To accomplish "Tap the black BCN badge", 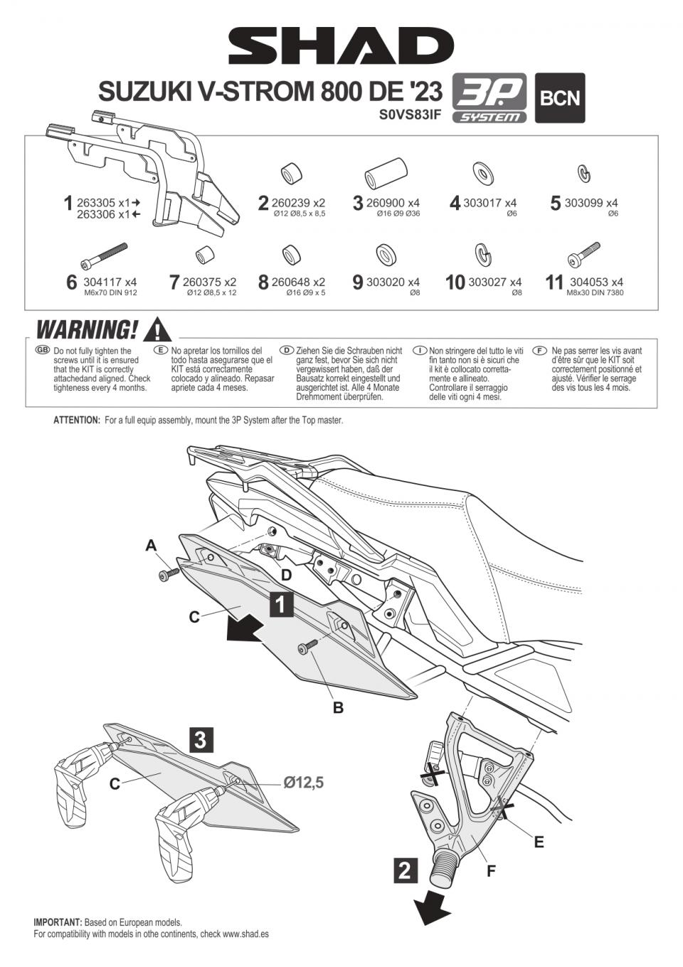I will point(560,98).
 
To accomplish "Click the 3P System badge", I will point(489,98).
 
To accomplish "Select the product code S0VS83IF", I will point(411,114).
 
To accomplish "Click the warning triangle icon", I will point(157,330).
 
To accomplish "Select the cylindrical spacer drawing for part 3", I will point(385,173).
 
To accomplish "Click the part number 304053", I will point(588,282).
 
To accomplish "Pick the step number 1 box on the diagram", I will point(281,604).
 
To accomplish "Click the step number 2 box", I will point(405,870).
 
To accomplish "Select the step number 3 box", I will point(201,740).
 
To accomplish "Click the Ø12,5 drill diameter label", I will point(303,783).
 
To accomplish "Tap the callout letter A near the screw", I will point(151,546).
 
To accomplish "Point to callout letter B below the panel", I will point(338,707).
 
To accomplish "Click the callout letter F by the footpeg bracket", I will point(491,870).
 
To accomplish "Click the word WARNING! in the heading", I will point(87,330).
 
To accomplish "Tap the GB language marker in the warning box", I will point(43,350).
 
